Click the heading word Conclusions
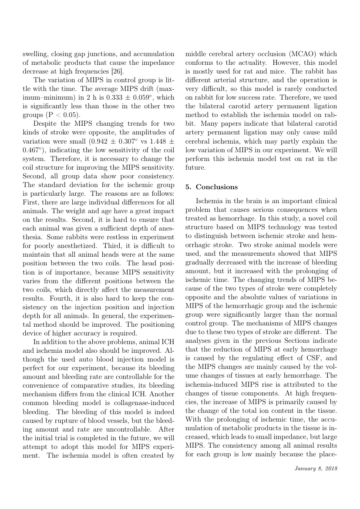(217, 187)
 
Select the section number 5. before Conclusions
(188, 187)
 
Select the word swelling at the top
(36, 54)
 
